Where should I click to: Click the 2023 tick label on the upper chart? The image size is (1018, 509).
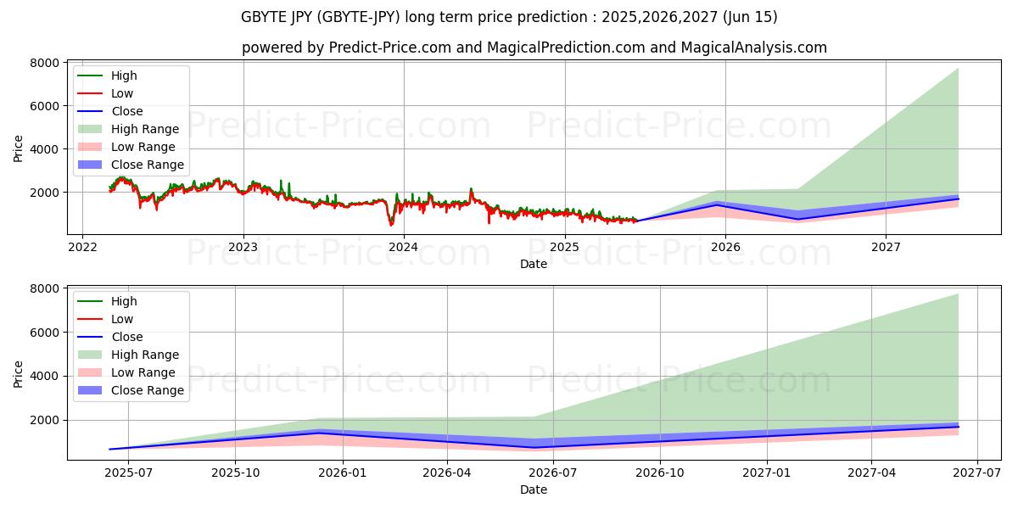click(243, 248)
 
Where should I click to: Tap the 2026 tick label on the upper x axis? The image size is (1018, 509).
click(725, 248)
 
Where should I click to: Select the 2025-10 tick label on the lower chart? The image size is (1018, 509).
click(235, 473)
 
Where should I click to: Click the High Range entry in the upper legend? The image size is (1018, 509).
click(145, 129)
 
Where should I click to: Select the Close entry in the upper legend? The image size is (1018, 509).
click(127, 111)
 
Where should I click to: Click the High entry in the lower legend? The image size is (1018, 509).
click(124, 301)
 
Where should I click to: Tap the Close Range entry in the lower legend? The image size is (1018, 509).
click(148, 390)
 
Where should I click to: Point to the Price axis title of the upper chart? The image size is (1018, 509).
click(19, 148)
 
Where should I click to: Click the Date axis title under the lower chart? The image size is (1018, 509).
click(534, 489)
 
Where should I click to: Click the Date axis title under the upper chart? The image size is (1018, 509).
click(534, 264)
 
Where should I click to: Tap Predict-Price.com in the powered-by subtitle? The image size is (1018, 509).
click(390, 48)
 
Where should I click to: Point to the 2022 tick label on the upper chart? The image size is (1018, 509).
click(82, 248)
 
